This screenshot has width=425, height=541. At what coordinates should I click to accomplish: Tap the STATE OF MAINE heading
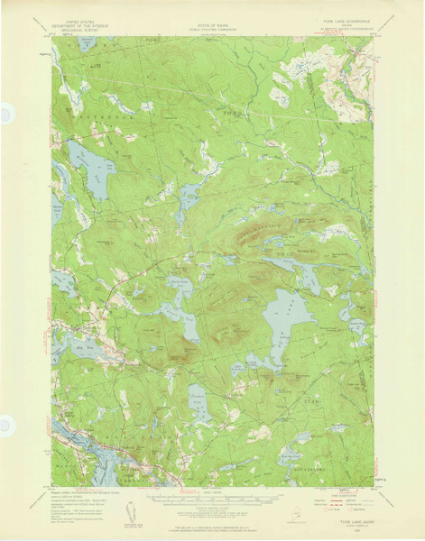(213, 17)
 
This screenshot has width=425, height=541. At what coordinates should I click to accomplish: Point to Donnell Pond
(176, 316)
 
